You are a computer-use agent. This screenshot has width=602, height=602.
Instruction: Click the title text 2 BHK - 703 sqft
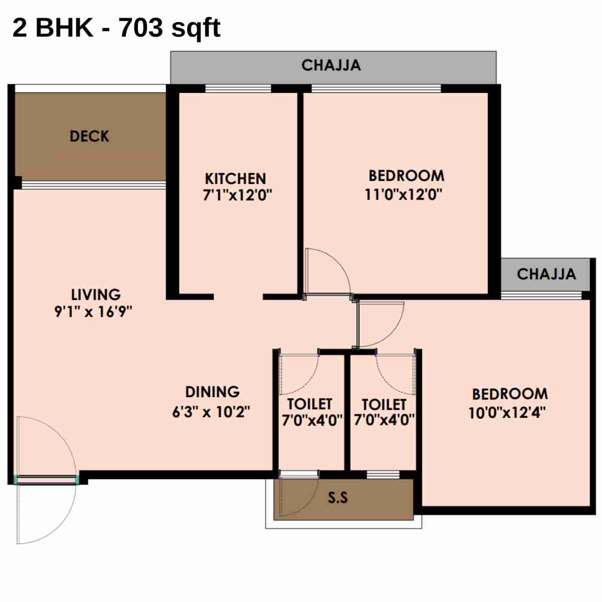[x=116, y=28]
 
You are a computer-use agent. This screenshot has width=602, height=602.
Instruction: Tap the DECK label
[x=89, y=136]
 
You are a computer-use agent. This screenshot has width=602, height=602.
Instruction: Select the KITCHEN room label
[x=235, y=179]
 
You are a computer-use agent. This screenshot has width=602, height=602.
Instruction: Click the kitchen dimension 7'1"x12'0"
[x=237, y=195]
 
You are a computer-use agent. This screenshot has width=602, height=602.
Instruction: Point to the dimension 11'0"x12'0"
[x=403, y=194]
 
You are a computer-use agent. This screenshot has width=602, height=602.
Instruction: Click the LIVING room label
[x=96, y=294]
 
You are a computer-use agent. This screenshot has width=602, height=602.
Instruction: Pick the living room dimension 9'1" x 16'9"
[x=93, y=312]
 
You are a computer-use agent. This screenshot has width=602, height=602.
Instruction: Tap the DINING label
[x=212, y=392]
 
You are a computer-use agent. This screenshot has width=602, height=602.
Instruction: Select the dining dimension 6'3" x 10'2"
[x=211, y=412]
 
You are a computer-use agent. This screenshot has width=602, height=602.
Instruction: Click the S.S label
[x=338, y=498]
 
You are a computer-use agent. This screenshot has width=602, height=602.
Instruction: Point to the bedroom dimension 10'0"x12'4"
[x=507, y=413]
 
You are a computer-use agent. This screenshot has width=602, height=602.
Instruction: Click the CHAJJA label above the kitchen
[x=331, y=65]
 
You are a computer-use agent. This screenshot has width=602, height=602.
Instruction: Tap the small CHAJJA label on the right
[x=546, y=274]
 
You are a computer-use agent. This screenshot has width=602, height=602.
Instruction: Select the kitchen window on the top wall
[x=238, y=89]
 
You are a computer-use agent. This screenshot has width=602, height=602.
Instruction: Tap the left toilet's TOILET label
[x=310, y=404]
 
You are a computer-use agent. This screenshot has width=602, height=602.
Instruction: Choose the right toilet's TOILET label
[x=384, y=404]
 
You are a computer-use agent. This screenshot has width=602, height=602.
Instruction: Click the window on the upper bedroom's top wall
[x=376, y=89]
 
